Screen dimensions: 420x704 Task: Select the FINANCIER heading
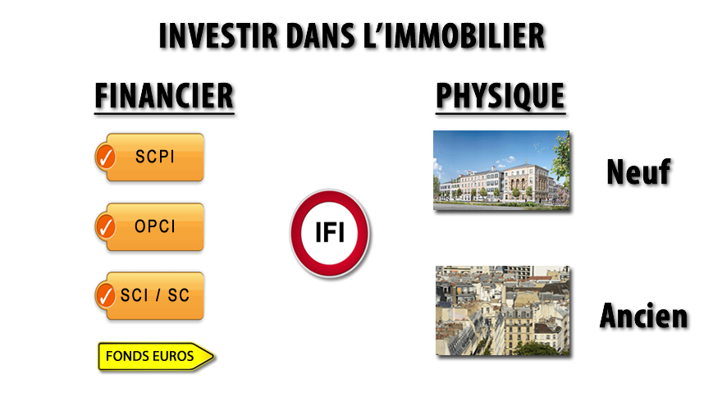tap(165, 96)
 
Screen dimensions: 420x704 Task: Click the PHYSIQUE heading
tap(501, 96)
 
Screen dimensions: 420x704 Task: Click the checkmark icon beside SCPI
tap(106, 157)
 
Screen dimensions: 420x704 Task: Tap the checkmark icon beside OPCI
tap(106, 226)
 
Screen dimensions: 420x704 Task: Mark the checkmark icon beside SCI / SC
tap(106, 295)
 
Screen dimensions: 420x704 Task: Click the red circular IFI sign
tap(330, 233)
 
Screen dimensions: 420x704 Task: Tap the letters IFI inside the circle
tap(330, 233)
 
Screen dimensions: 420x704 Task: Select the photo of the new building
tap(501, 171)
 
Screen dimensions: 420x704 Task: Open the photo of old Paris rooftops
tap(503, 310)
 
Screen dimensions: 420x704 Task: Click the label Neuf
tap(638, 172)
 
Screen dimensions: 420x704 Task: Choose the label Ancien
tap(643, 316)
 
